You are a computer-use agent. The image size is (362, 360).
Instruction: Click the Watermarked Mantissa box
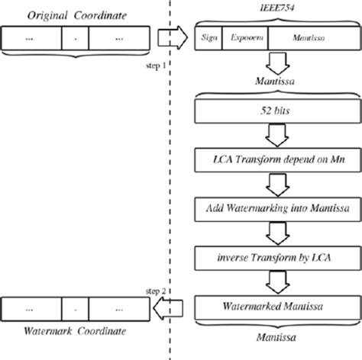point(273,308)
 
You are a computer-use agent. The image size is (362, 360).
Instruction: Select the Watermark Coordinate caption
point(66,333)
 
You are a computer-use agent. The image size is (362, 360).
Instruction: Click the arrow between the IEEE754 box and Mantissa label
point(273,63)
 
